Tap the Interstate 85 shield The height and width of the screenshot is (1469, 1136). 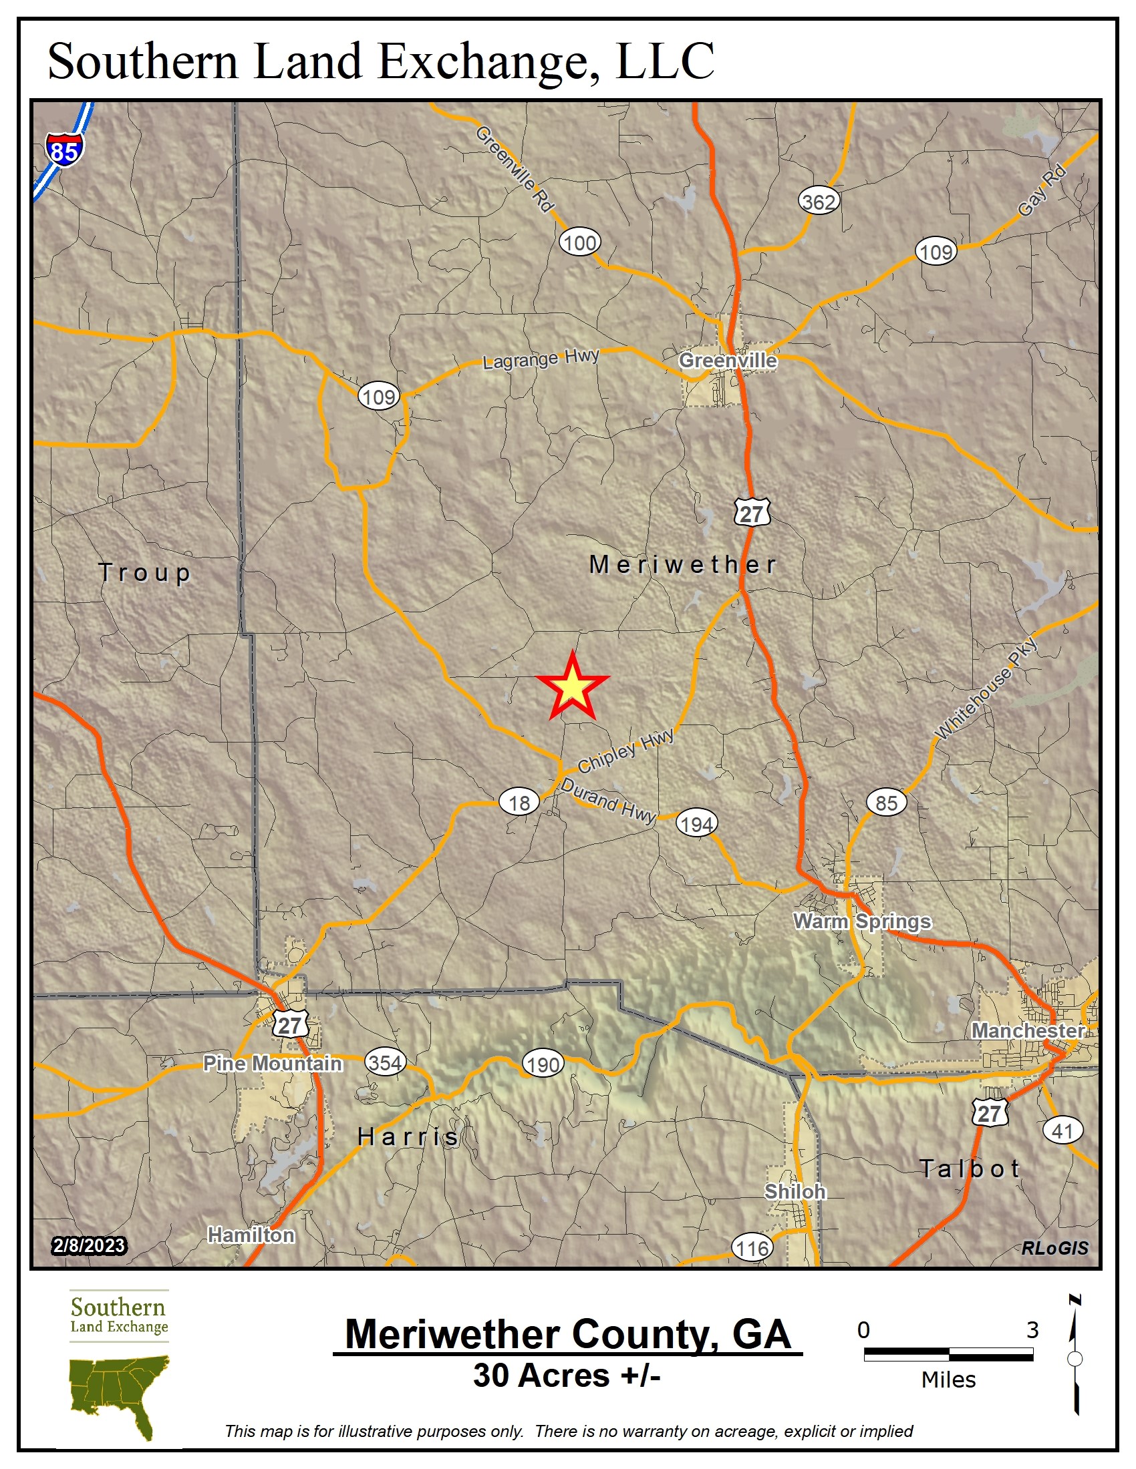pyautogui.click(x=65, y=150)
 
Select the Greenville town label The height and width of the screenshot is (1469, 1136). pyautogui.click(x=728, y=361)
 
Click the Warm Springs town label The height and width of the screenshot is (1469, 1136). pyautogui.click(x=861, y=921)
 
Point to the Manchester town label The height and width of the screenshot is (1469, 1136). pyautogui.click(x=1027, y=1030)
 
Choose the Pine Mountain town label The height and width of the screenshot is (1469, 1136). pyautogui.click(x=273, y=1064)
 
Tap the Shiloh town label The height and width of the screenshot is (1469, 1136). pyautogui.click(x=795, y=1191)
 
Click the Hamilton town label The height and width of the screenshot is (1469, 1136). pyautogui.click(x=251, y=1235)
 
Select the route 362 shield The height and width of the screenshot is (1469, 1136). pyautogui.click(x=819, y=201)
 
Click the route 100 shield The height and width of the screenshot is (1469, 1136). pyautogui.click(x=579, y=243)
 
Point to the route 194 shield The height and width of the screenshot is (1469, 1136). pyautogui.click(x=696, y=823)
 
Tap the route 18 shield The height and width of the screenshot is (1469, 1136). pyautogui.click(x=519, y=803)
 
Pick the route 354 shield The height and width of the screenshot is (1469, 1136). pyautogui.click(x=386, y=1062)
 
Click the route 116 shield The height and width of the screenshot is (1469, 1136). pyautogui.click(x=752, y=1249)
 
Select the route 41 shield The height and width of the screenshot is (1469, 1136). pyautogui.click(x=1062, y=1130)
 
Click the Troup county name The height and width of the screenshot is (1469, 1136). pyautogui.click(x=145, y=573)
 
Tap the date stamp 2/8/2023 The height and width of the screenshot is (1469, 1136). pyautogui.click(x=89, y=1246)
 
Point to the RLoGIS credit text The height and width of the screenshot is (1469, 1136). pyautogui.click(x=1054, y=1248)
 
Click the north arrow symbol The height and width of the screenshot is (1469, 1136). pyautogui.click(x=1075, y=1358)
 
